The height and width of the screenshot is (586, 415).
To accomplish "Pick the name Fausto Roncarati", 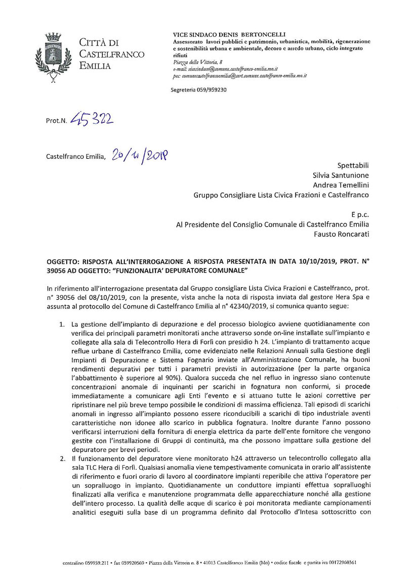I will [x=342, y=234].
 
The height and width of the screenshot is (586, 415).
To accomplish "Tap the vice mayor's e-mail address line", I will [x=226, y=68].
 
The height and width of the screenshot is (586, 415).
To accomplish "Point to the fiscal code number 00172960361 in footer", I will [x=344, y=561].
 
